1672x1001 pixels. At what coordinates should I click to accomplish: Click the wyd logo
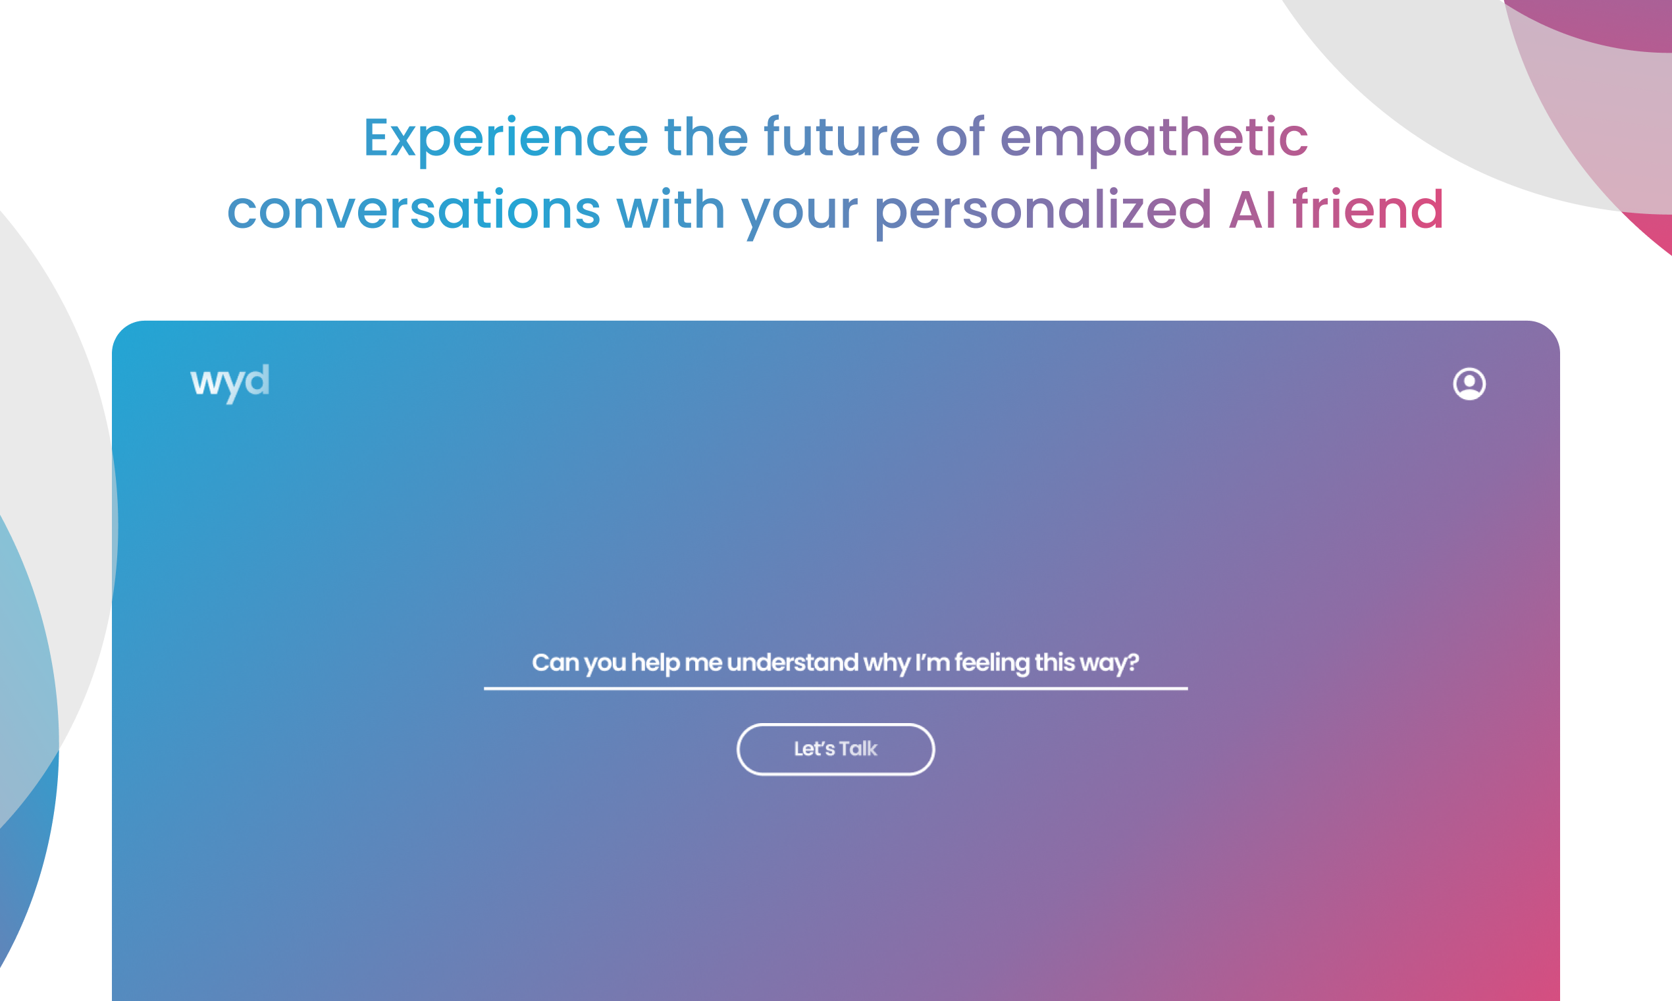(x=230, y=383)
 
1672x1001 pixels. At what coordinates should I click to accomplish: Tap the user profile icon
(x=1469, y=384)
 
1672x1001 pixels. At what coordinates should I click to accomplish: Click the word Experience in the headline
(x=506, y=139)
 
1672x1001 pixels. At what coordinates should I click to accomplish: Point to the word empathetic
(x=1154, y=139)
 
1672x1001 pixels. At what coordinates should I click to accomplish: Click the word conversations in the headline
(x=414, y=210)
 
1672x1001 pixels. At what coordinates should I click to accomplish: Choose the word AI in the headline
(x=1253, y=210)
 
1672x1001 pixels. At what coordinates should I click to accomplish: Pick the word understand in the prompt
(x=793, y=663)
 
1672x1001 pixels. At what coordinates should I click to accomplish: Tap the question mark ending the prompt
(x=1133, y=663)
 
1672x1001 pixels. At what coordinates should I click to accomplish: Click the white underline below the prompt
(x=836, y=689)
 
